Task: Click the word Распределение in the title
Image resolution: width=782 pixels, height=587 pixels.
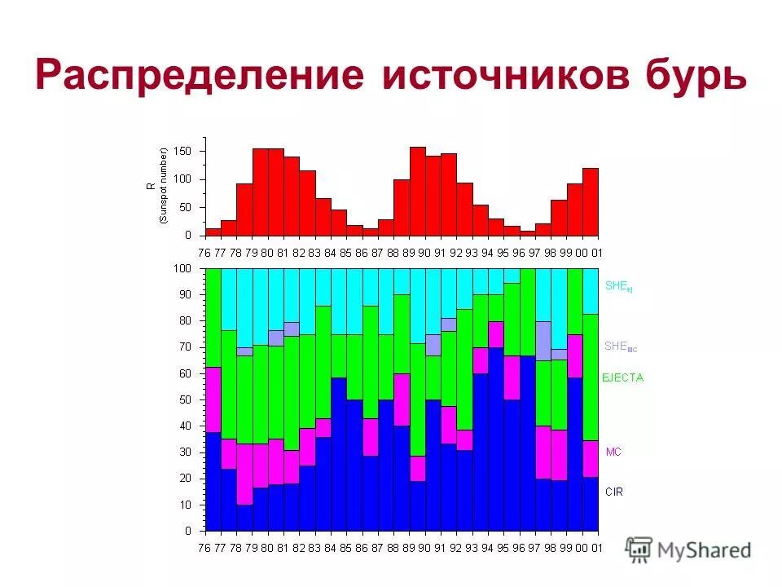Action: coord(200,76)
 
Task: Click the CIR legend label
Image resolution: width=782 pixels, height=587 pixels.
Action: coord(613,492)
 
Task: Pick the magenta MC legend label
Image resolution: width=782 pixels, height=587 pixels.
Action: coord(613,451)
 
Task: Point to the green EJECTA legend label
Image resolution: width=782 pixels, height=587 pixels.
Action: coord(622,378)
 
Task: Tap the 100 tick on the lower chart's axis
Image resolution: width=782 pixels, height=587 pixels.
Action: coord(182,268)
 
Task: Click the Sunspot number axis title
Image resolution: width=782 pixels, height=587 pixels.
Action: coord(156,186)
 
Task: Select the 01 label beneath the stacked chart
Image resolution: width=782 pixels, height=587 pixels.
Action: coord(597,548)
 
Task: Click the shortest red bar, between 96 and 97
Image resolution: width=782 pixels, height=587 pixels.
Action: coord(528,233)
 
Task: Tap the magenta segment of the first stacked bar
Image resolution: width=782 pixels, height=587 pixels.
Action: coord(213,399)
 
